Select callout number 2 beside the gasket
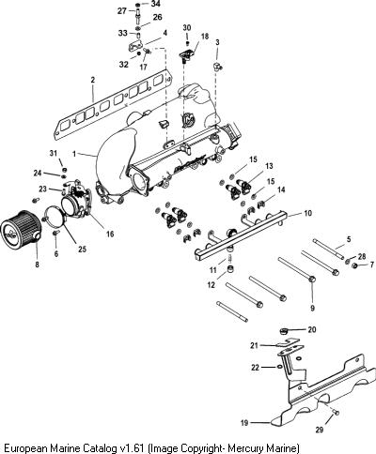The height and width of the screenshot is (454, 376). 92,80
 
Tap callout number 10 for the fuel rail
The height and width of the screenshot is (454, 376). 308,213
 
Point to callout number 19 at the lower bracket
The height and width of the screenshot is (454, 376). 244,423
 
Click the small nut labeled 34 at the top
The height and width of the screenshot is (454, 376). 138,5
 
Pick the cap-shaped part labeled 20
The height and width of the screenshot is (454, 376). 284,331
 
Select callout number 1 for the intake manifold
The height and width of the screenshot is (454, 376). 74,154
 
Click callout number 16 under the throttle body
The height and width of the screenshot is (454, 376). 110,234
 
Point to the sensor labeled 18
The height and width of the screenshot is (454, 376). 186,54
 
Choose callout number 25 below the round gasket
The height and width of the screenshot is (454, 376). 82,249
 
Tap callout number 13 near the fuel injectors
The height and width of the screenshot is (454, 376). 269,166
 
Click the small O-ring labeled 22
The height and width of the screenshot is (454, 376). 278,367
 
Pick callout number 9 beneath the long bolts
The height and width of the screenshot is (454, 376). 312,308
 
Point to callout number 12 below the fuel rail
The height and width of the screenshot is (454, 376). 211,285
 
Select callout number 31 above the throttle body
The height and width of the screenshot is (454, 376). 54,153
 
